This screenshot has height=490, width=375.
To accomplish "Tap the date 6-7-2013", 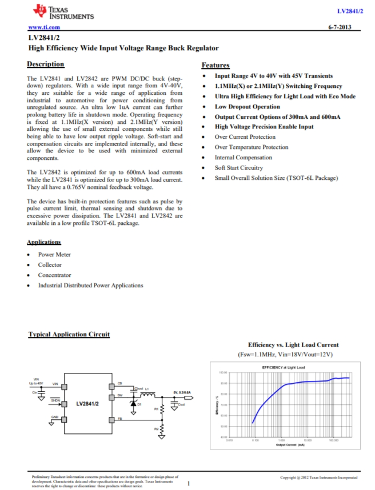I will click(x=340, y=27).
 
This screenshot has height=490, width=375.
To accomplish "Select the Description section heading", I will click(x=46, y=64).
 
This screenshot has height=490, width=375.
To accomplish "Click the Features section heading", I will click(x=216, y=65).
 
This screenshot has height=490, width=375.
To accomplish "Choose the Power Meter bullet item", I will click(x=54, y=254).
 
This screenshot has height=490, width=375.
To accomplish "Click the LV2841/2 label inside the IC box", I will click(x=87, y=404).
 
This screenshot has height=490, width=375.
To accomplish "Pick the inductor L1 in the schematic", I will click(x=141, y=393).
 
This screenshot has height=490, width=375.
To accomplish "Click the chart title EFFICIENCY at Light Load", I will click(x=283, y=367).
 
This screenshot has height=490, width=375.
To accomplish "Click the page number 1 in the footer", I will click(x=188, y=483).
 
